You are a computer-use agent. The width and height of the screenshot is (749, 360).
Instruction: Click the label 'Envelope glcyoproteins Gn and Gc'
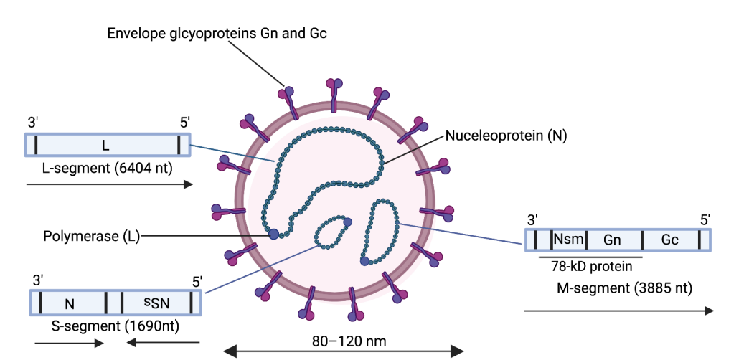coord(217,33)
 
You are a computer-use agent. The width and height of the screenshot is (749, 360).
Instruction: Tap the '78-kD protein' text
coord(592,267)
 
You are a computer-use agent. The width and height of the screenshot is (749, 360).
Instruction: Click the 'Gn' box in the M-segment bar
coord(612,240)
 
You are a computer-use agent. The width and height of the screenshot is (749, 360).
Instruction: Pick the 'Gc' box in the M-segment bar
coord(670,240)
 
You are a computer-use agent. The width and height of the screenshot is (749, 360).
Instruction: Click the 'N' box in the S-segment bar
coord(70,303)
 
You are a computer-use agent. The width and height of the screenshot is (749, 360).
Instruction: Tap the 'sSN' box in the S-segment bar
coord(155,303)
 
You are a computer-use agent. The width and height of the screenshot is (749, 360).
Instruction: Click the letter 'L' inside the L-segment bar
coord(105,146)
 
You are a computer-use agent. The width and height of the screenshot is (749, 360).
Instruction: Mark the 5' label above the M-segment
coord(705,219)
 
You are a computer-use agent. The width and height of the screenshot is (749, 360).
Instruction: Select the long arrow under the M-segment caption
coord(618,311)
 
